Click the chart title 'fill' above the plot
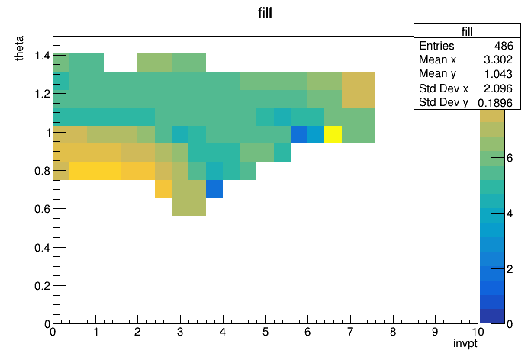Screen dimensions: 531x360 point(265,13)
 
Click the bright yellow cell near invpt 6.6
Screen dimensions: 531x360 point(333,134)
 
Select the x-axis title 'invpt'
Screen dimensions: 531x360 point(465,343)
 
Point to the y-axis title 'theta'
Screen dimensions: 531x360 point(19,48)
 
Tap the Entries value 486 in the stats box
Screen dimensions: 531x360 point(504,46)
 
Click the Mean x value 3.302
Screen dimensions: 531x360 point(498,59)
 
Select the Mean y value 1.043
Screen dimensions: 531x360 point(498,74)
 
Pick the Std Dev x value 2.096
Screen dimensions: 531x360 point(498,88)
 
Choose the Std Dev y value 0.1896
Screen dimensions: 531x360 point(495,103)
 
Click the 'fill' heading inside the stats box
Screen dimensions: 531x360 point(467,31)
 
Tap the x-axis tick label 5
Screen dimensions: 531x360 point(265,332)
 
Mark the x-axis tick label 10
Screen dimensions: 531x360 point(478,332)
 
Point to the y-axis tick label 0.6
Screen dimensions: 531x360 point(42,209)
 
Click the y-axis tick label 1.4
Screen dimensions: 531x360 point(42,55)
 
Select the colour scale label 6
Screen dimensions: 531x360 point(510,158)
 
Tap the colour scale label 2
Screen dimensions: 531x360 point(510,269)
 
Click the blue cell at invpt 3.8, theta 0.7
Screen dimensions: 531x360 point(214,188)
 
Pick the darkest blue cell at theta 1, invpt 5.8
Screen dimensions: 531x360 point(299,134)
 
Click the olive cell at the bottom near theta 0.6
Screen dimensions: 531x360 point(188,207)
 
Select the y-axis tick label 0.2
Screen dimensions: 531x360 point(42,286)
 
